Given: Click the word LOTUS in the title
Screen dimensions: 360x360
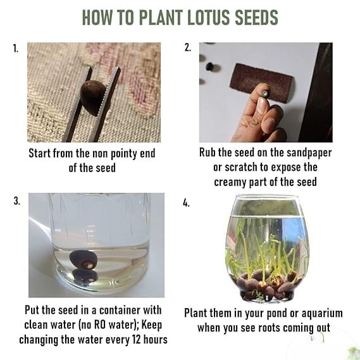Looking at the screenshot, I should pyautogui.click(x=205, y=17).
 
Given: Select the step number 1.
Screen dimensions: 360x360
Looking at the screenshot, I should pyautogui.click(x=15, y=48).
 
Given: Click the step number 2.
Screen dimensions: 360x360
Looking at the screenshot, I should pyautogui.click(x=188, y=48).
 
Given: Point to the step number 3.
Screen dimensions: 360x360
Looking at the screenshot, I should pyautogui.click(x=16, y=201).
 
